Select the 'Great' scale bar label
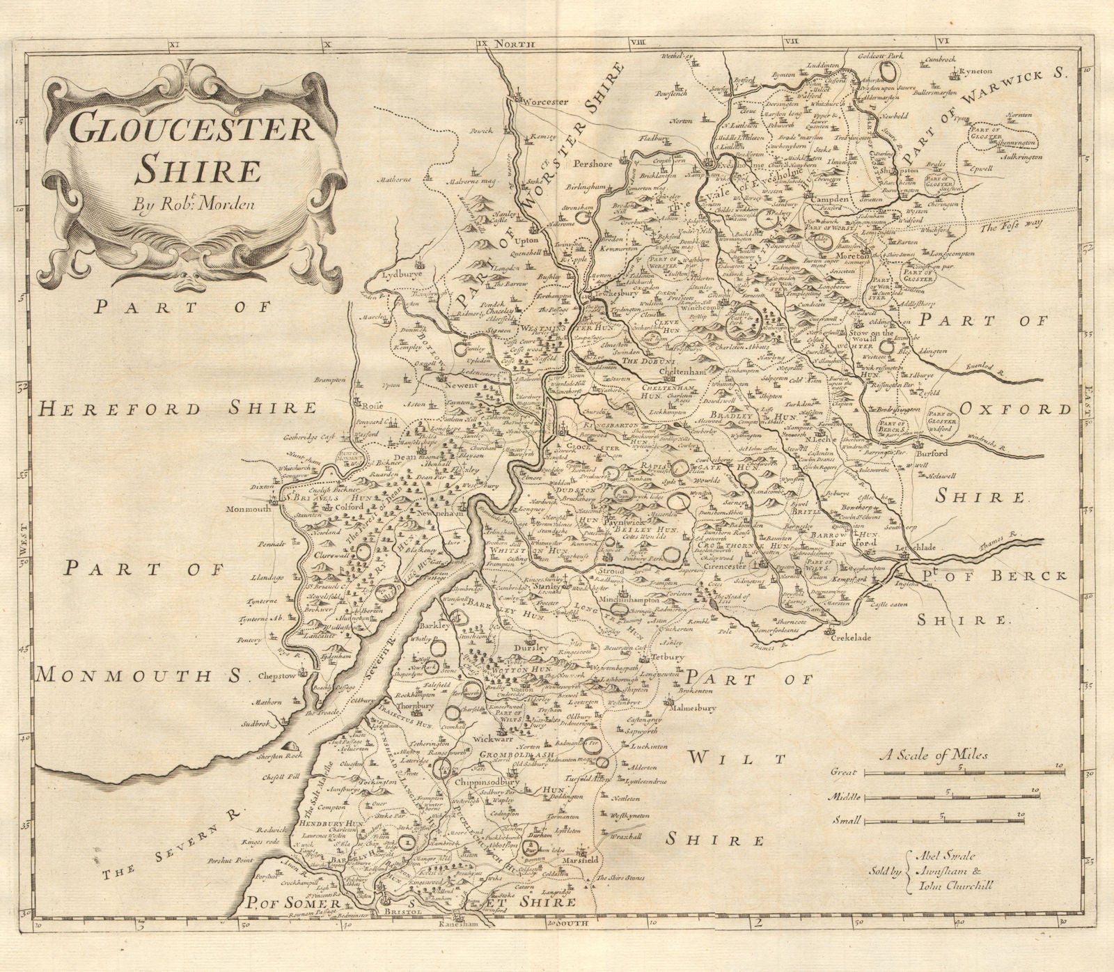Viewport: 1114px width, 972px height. coord(844,771)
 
